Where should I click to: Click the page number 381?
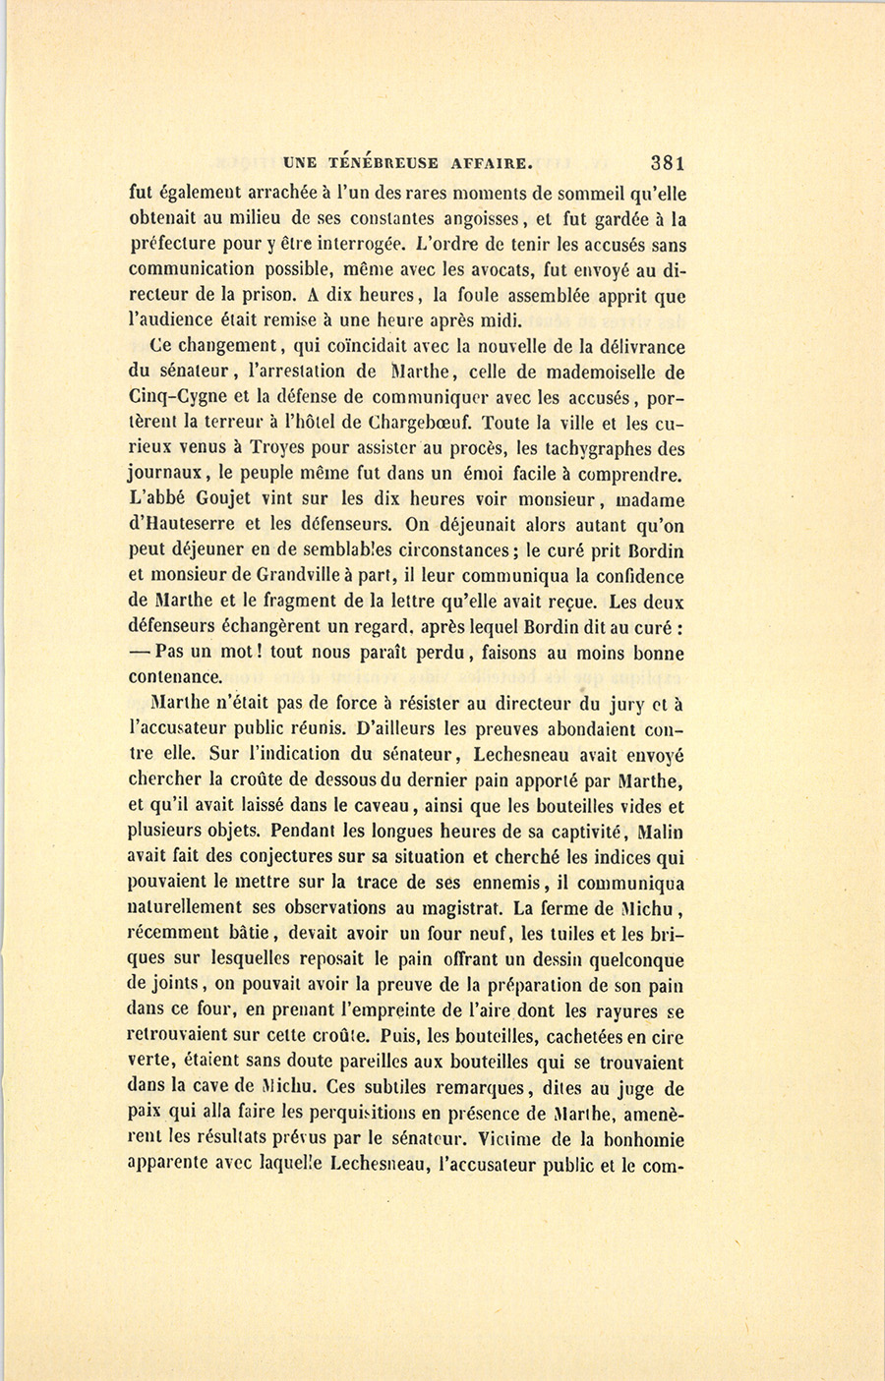(x=667, y=163)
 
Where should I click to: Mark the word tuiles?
(x=571, y=934)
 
